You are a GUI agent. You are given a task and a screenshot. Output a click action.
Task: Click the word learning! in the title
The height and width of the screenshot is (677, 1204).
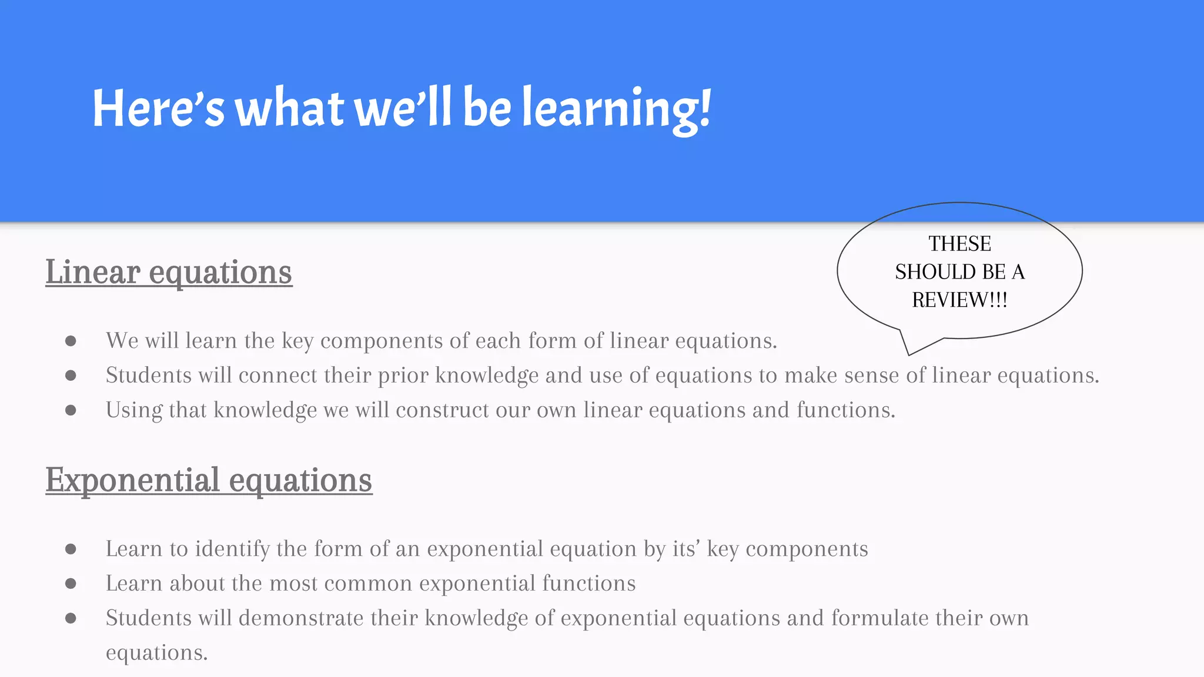pos(617,109)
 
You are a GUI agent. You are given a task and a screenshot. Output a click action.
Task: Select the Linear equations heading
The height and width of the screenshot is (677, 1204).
pos(169,272)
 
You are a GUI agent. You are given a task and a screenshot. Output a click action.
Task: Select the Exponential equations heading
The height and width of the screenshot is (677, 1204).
pos(209,480)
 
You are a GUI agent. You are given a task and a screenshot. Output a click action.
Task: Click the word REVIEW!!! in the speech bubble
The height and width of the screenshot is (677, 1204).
pos(959,300)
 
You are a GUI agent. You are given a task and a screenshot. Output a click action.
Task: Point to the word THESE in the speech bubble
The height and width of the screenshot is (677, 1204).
pos(959,244)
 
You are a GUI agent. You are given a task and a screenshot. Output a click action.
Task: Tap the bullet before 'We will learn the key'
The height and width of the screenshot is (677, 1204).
pos(71,341)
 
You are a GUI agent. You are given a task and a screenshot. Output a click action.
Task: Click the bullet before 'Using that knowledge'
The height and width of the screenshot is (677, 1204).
pos(71,410)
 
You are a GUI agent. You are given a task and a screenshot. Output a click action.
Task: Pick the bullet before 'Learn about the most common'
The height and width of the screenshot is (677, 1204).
pos(71,584)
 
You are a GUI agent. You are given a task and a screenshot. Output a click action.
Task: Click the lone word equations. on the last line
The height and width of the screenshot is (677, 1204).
pos(156,653)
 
